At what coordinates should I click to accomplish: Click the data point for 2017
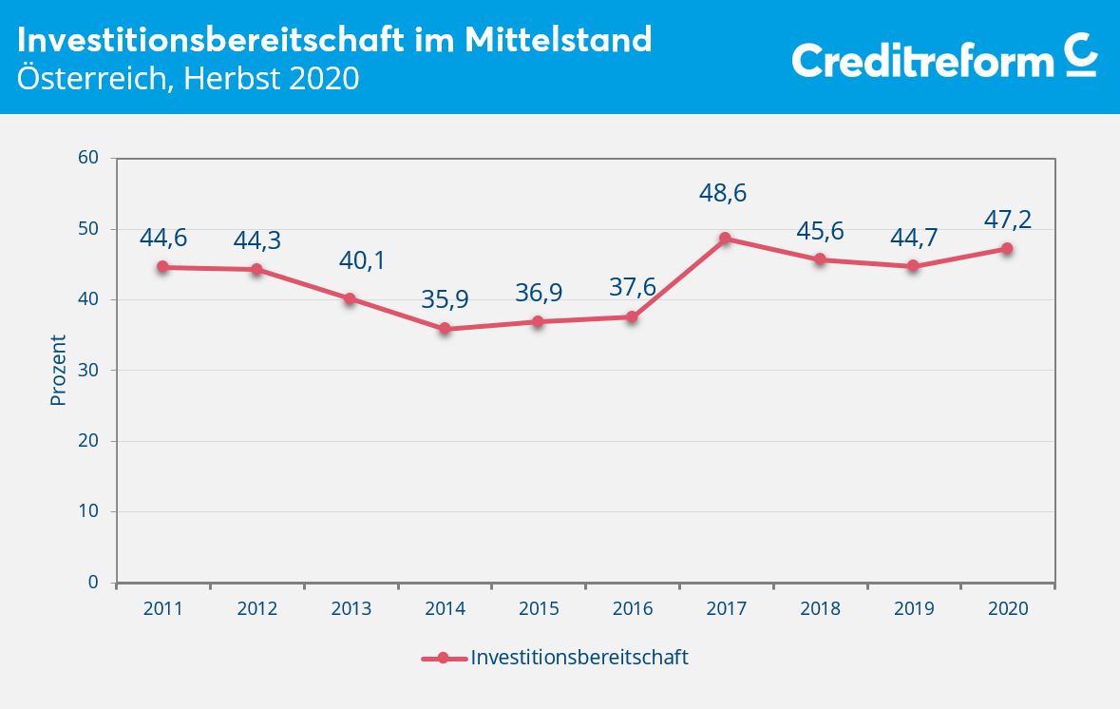point(726,239)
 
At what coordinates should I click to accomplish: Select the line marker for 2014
point(445,329)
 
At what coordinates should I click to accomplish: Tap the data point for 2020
point(1007,249)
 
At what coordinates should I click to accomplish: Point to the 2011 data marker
point(163,267)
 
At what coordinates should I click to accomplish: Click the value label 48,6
point(723,194)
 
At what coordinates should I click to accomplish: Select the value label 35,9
point(445,300)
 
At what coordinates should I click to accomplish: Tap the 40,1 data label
point(362,260)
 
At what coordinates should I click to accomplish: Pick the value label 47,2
point(1007,220)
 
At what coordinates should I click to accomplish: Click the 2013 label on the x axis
point(351,609)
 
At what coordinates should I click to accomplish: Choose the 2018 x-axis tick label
point(820,609)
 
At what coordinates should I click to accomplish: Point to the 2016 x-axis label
point(633,609)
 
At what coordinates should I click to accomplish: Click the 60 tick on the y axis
point(89,158)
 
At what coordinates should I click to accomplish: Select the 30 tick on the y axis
point(89,371)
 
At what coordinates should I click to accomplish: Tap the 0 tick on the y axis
point(94,583)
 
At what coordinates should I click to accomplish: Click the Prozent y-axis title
point(59,371)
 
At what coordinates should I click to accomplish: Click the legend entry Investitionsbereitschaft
point(579,658)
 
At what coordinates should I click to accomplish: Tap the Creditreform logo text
point(922,61)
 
